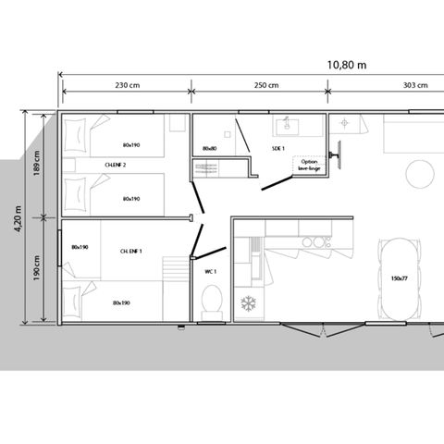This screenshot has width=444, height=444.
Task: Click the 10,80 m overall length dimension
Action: (x=347, y=65)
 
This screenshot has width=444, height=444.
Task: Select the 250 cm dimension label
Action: (x=266, y=86)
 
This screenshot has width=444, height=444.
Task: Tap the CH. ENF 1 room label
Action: (x=131, y=251)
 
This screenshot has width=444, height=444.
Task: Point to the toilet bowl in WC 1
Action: (x=211, y=302)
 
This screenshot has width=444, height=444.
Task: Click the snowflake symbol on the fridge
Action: (x=247, y=302)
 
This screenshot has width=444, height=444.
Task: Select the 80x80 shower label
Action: (x=209, y=148)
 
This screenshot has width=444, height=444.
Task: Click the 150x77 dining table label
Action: (x=400, y=277)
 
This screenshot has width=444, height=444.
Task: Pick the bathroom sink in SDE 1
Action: (x=286, y=124)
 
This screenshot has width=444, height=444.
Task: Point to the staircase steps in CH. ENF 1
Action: (x=174, y=271)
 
